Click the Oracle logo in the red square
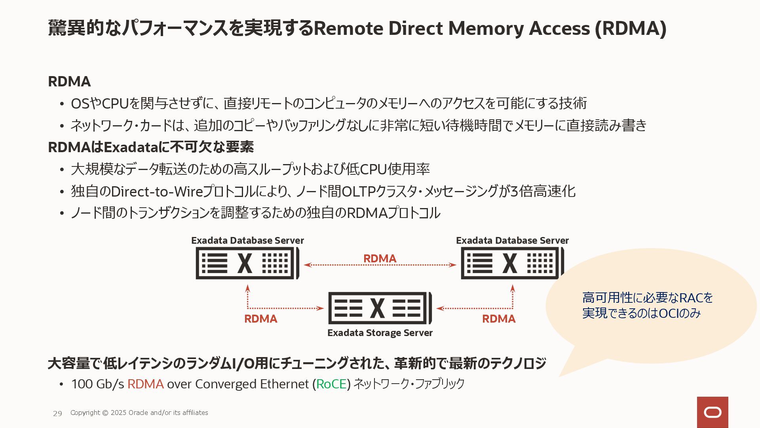click(x=712, y=413)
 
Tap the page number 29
click(x=57, y=413)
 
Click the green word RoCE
click(x=331, y=384)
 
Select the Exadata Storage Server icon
click(x=380, y=308)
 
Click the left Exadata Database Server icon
click(x=247, y=263)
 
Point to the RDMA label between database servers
click(x=380, y=258)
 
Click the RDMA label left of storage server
click(x=260, y=319)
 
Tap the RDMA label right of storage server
click(x=498, y=319)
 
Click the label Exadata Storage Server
click(x=380, y=333)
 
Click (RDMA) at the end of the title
click(x=631, y=29)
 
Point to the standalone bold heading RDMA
click(x=69, y=82)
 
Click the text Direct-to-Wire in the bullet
click(x=157, y=191)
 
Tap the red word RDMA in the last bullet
click(x=145, y=384)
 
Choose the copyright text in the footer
click(x=139, y=413)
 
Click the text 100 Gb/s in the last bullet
click(x=97, y=384)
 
